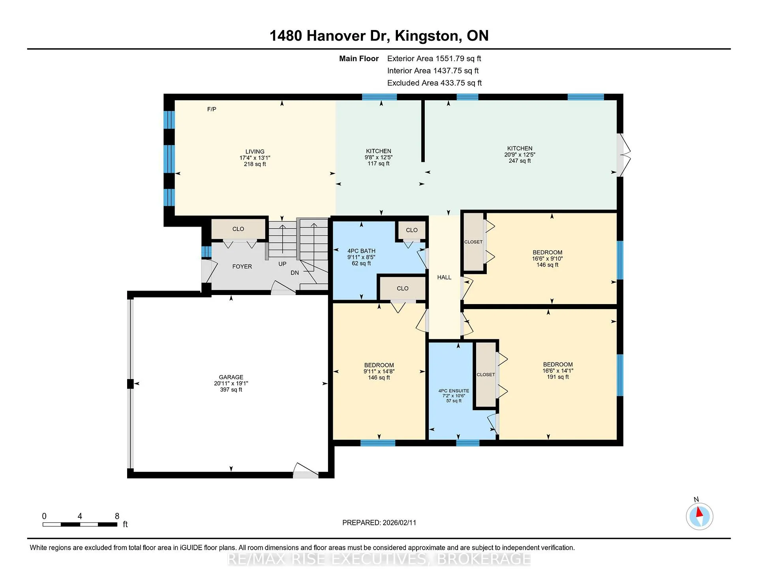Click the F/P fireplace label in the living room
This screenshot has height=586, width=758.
coord(212,109)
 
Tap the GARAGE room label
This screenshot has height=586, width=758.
coord(231,377)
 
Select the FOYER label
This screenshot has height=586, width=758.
coord(242,267)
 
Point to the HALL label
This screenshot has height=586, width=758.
coord(444,277)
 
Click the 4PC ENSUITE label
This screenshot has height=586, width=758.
coord(454,391)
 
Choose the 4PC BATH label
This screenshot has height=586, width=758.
coord(361,251)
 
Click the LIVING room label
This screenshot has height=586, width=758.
coord(255,151)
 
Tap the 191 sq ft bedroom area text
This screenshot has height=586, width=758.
coord(558,377)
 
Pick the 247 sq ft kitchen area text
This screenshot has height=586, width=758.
coord(520,161)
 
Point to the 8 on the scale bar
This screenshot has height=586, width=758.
coord(117,516)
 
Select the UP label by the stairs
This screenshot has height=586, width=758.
coord(282,264)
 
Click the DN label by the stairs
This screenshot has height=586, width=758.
coord(295,272)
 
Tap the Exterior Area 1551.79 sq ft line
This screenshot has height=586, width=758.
coord(434,58)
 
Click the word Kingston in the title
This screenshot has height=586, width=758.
coord(428,36)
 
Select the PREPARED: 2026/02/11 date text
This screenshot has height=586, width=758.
coord(379,522)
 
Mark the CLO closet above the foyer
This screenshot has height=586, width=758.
coord(238,229)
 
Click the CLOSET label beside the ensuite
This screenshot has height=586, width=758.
coord(486,374)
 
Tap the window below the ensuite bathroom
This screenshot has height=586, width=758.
coord(468,443)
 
